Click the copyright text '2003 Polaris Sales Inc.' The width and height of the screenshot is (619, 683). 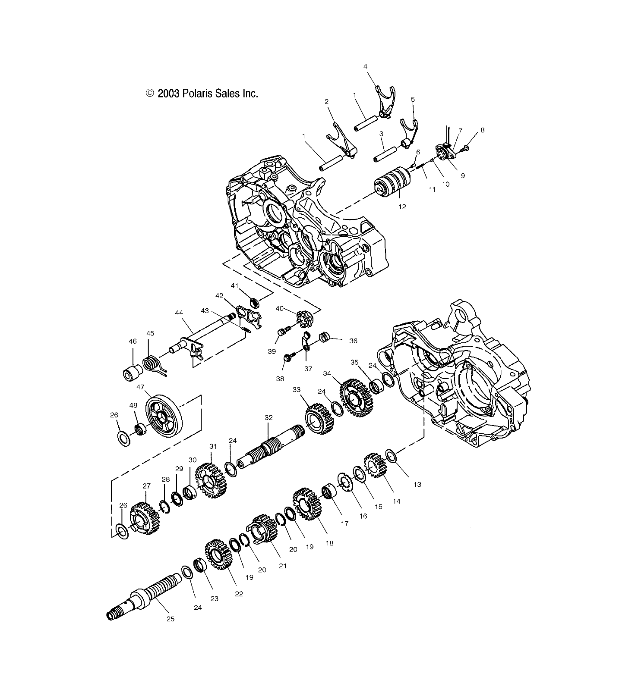(x=202, y=93)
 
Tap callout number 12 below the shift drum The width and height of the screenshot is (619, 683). (x=402, y=207)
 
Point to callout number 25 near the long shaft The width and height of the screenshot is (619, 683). (x=171, y=619)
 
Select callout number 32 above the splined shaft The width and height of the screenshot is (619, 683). (x=268, y=418)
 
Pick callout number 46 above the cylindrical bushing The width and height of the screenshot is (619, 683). (x=133, y=341)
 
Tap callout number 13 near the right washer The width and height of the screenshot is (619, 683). (x=417, y=484)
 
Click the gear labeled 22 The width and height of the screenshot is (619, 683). (x=219, y=559)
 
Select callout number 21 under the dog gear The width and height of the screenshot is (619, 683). (x=282, y=566)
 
